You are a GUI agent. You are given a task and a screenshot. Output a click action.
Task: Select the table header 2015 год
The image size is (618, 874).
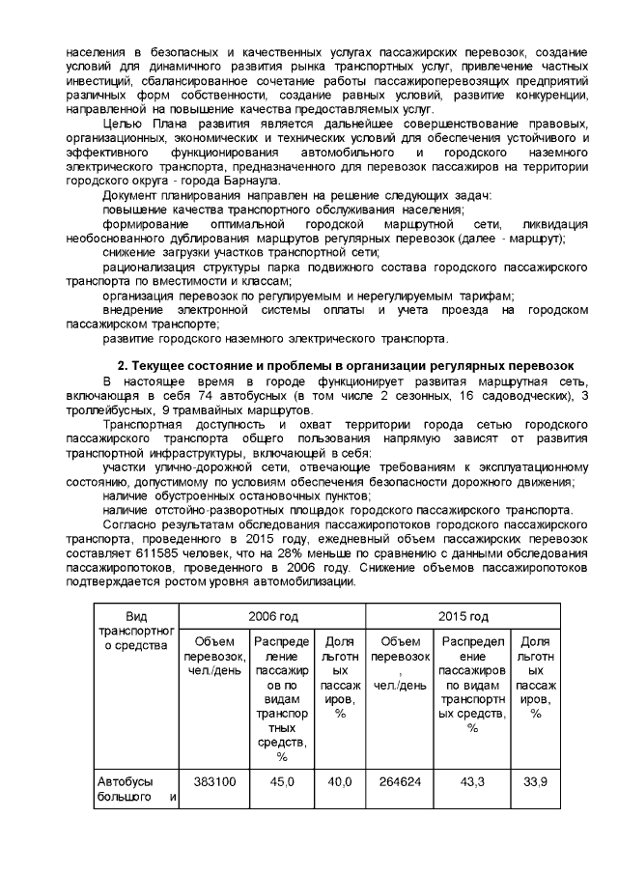463,616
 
